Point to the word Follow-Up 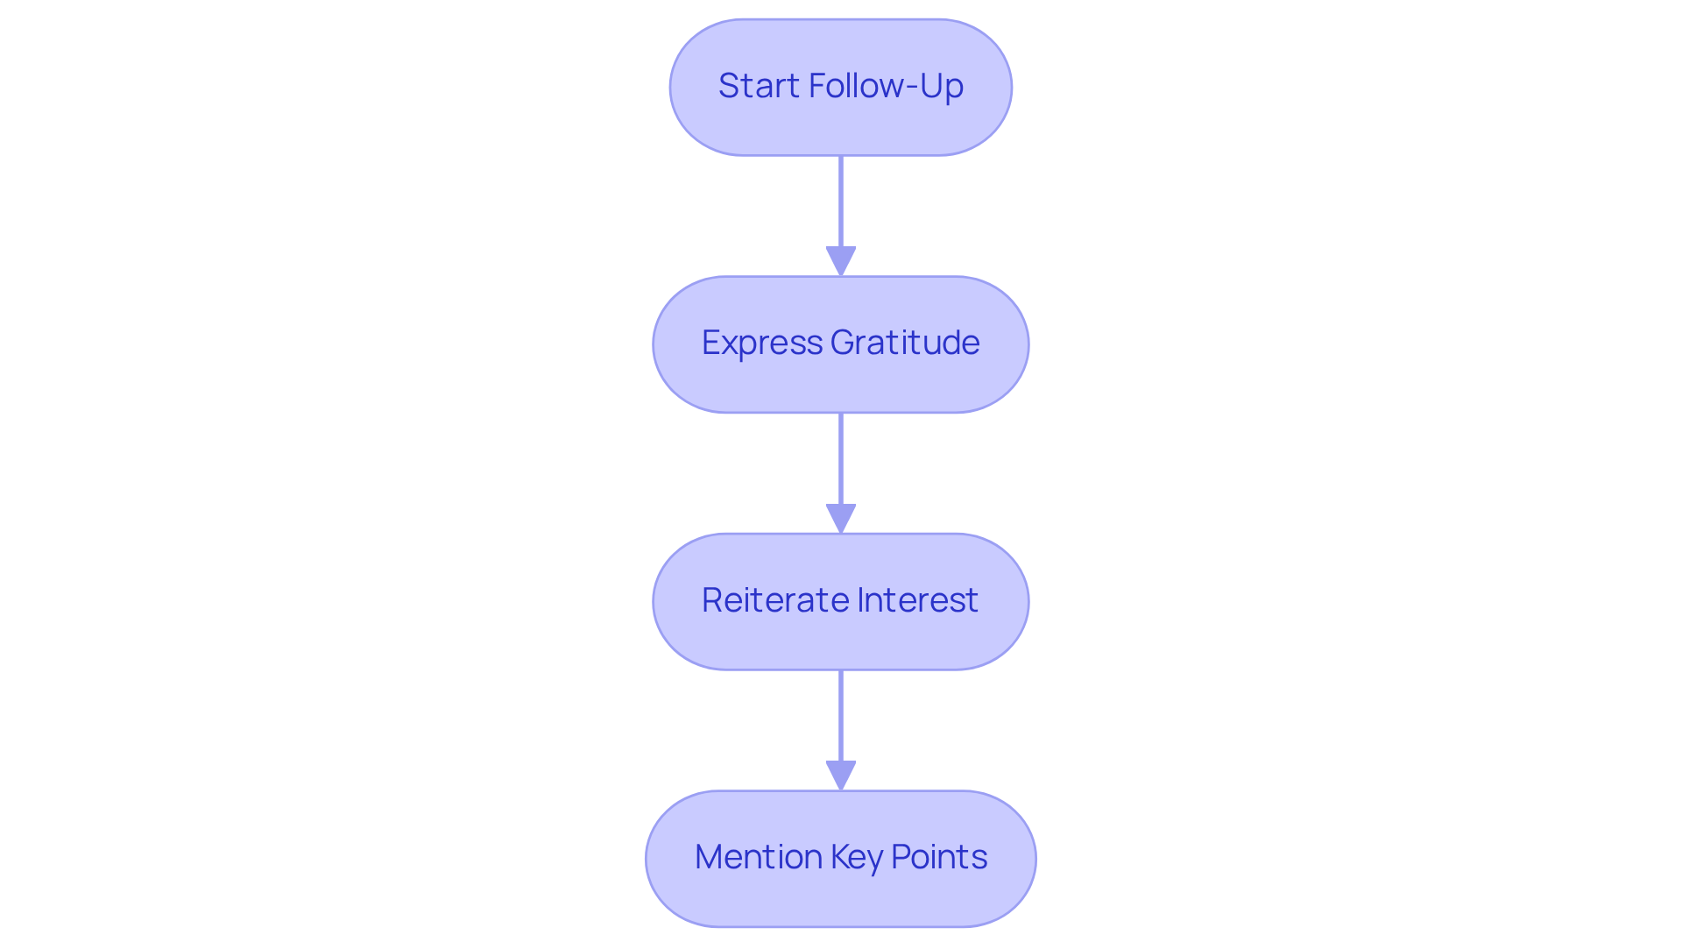point(886,86)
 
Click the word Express point(761,343)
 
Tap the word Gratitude point(904,343)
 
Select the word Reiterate point(774,600)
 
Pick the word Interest point(917,600)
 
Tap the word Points point(938,857)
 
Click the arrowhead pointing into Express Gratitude point(841,261)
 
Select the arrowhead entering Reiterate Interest point(841,518)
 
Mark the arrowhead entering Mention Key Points point(841,775)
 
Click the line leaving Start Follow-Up point(841,202)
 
